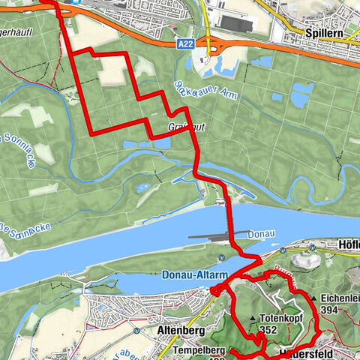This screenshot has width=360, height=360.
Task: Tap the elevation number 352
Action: [x=268, y=328]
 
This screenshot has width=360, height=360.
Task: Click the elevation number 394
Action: [x=327, y=309]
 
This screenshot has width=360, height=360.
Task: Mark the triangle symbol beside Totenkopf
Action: [x=252, y=318]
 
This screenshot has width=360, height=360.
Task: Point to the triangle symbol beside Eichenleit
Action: [x=313, y=298]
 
